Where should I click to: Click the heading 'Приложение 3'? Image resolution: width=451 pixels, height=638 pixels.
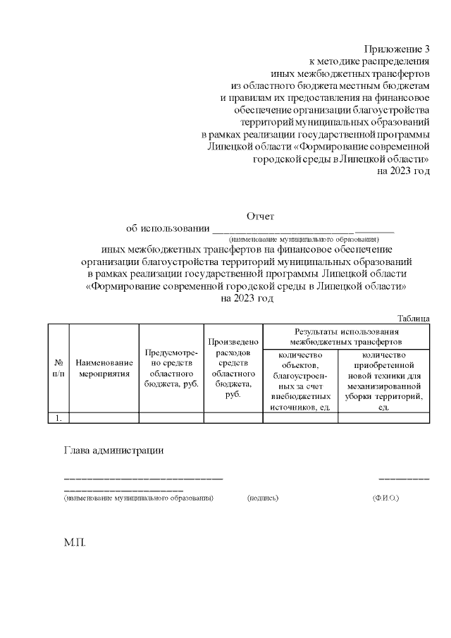397,49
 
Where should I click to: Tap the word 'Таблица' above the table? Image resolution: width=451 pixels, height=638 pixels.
413,319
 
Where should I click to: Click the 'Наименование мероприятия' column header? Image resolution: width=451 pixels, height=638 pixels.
104,367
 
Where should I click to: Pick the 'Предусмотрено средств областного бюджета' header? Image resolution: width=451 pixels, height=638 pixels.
171,367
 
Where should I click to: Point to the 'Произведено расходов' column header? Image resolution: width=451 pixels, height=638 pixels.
233,367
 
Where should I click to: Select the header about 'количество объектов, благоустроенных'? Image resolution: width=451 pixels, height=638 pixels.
300,381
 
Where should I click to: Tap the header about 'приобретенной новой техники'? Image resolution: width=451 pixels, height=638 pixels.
383,381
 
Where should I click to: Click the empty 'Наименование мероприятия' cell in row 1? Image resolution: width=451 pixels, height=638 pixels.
104,418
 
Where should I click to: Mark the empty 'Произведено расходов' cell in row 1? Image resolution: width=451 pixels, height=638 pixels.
233,418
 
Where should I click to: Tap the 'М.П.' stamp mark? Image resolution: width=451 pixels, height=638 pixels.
75,544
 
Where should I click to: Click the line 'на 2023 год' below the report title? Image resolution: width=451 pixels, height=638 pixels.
247,298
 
